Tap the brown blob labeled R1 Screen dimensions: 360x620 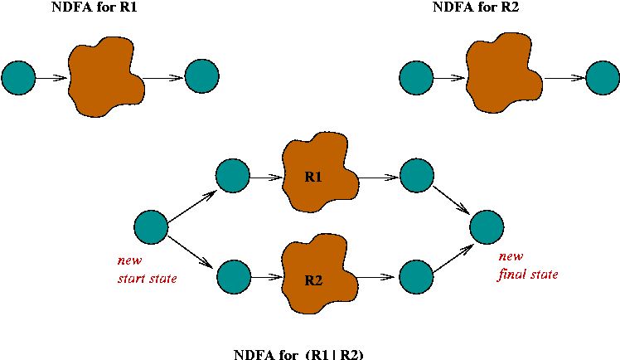coord(320,176)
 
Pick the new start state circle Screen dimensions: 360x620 coord(151,226)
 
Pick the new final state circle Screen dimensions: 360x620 coord(487,226)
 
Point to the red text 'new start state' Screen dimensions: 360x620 coord(147,269)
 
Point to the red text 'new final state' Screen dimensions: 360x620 coord(527,266)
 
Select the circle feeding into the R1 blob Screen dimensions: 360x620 coord(232,176)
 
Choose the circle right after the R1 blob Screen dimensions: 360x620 coord(417,176)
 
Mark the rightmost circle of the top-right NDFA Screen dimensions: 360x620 coord(603,80)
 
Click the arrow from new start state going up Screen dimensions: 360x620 coord(192,202)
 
